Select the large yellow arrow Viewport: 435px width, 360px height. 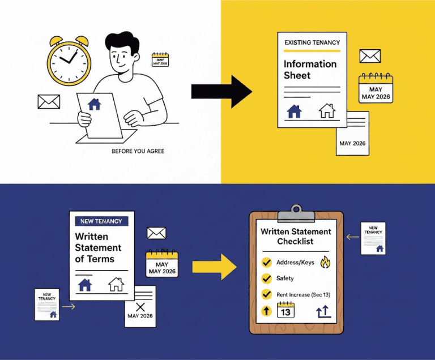214,264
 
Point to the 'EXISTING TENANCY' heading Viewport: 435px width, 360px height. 312,42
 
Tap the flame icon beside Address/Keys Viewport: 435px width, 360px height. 325,263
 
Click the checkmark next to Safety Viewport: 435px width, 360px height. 266,278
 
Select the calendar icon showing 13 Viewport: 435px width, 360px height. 285,310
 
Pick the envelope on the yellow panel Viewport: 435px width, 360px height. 369,56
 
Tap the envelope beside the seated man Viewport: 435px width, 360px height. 49,102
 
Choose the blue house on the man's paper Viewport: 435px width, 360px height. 95,104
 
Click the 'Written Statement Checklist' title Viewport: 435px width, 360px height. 296,237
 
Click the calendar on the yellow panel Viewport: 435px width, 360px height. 376,88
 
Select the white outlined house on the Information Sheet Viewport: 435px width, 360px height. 327,111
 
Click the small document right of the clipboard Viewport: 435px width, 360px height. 373,238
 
